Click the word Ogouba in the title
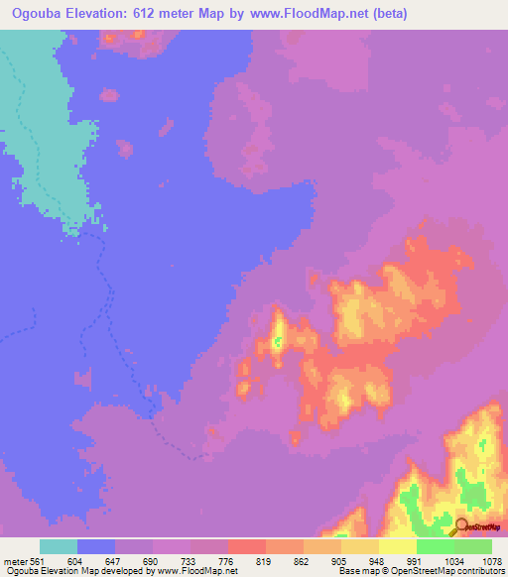[42, 14]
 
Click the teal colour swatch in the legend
[59, 547]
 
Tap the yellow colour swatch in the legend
[398, 547]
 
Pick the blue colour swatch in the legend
[96, 547]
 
